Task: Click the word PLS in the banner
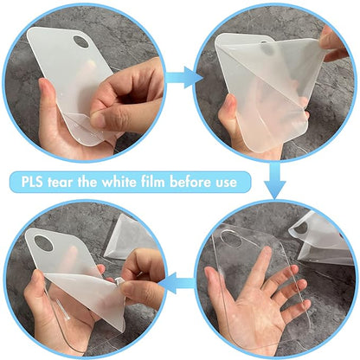33,183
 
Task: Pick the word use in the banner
225,183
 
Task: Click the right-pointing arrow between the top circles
184,78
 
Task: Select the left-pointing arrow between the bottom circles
177,283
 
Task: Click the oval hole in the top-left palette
80,42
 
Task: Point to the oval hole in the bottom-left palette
43,243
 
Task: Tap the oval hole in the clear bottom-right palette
232,239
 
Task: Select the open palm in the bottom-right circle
257,300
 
